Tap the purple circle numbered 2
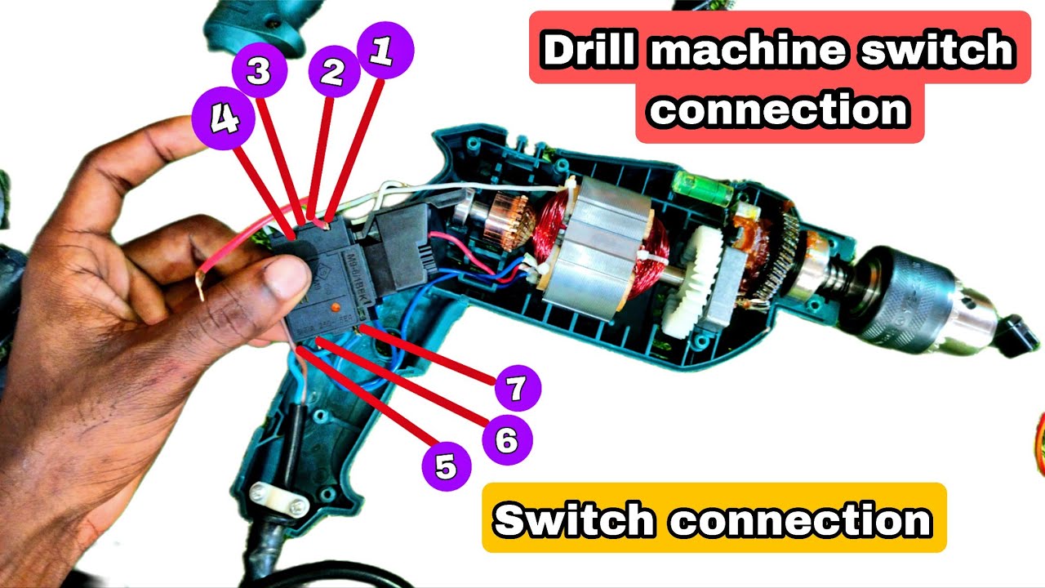(x=333, y=72)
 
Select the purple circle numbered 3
(x=258, y=72)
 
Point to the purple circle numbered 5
(x=447, y=467)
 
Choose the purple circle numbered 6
(x=507, y=440)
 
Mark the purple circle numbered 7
(x=515, y=389)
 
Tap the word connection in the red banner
(x=780, y=109)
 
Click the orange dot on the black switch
(x=335, y=305)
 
